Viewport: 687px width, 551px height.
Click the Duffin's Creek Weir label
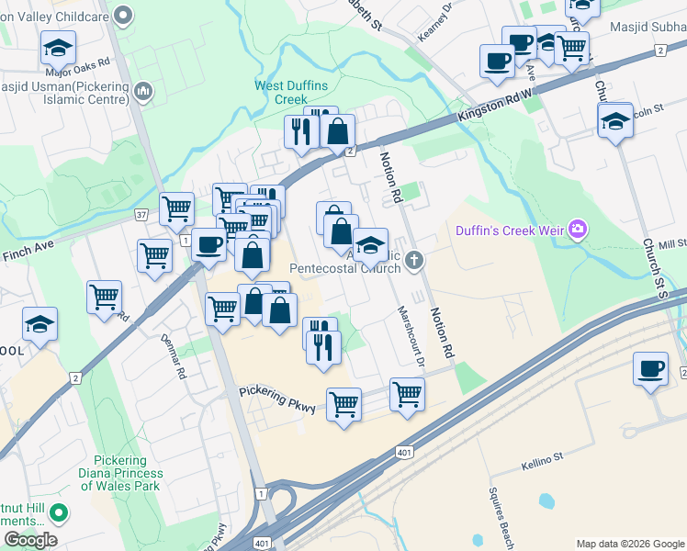click(510, 230)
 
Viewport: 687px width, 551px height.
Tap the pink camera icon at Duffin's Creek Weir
click(578, 229)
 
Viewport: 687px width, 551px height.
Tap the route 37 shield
click(141, 214)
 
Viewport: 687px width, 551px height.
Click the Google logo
click(30, 540)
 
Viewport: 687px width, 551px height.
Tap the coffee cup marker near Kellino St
click(650, 369)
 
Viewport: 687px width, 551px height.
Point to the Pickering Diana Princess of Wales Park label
click(128, 473)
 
